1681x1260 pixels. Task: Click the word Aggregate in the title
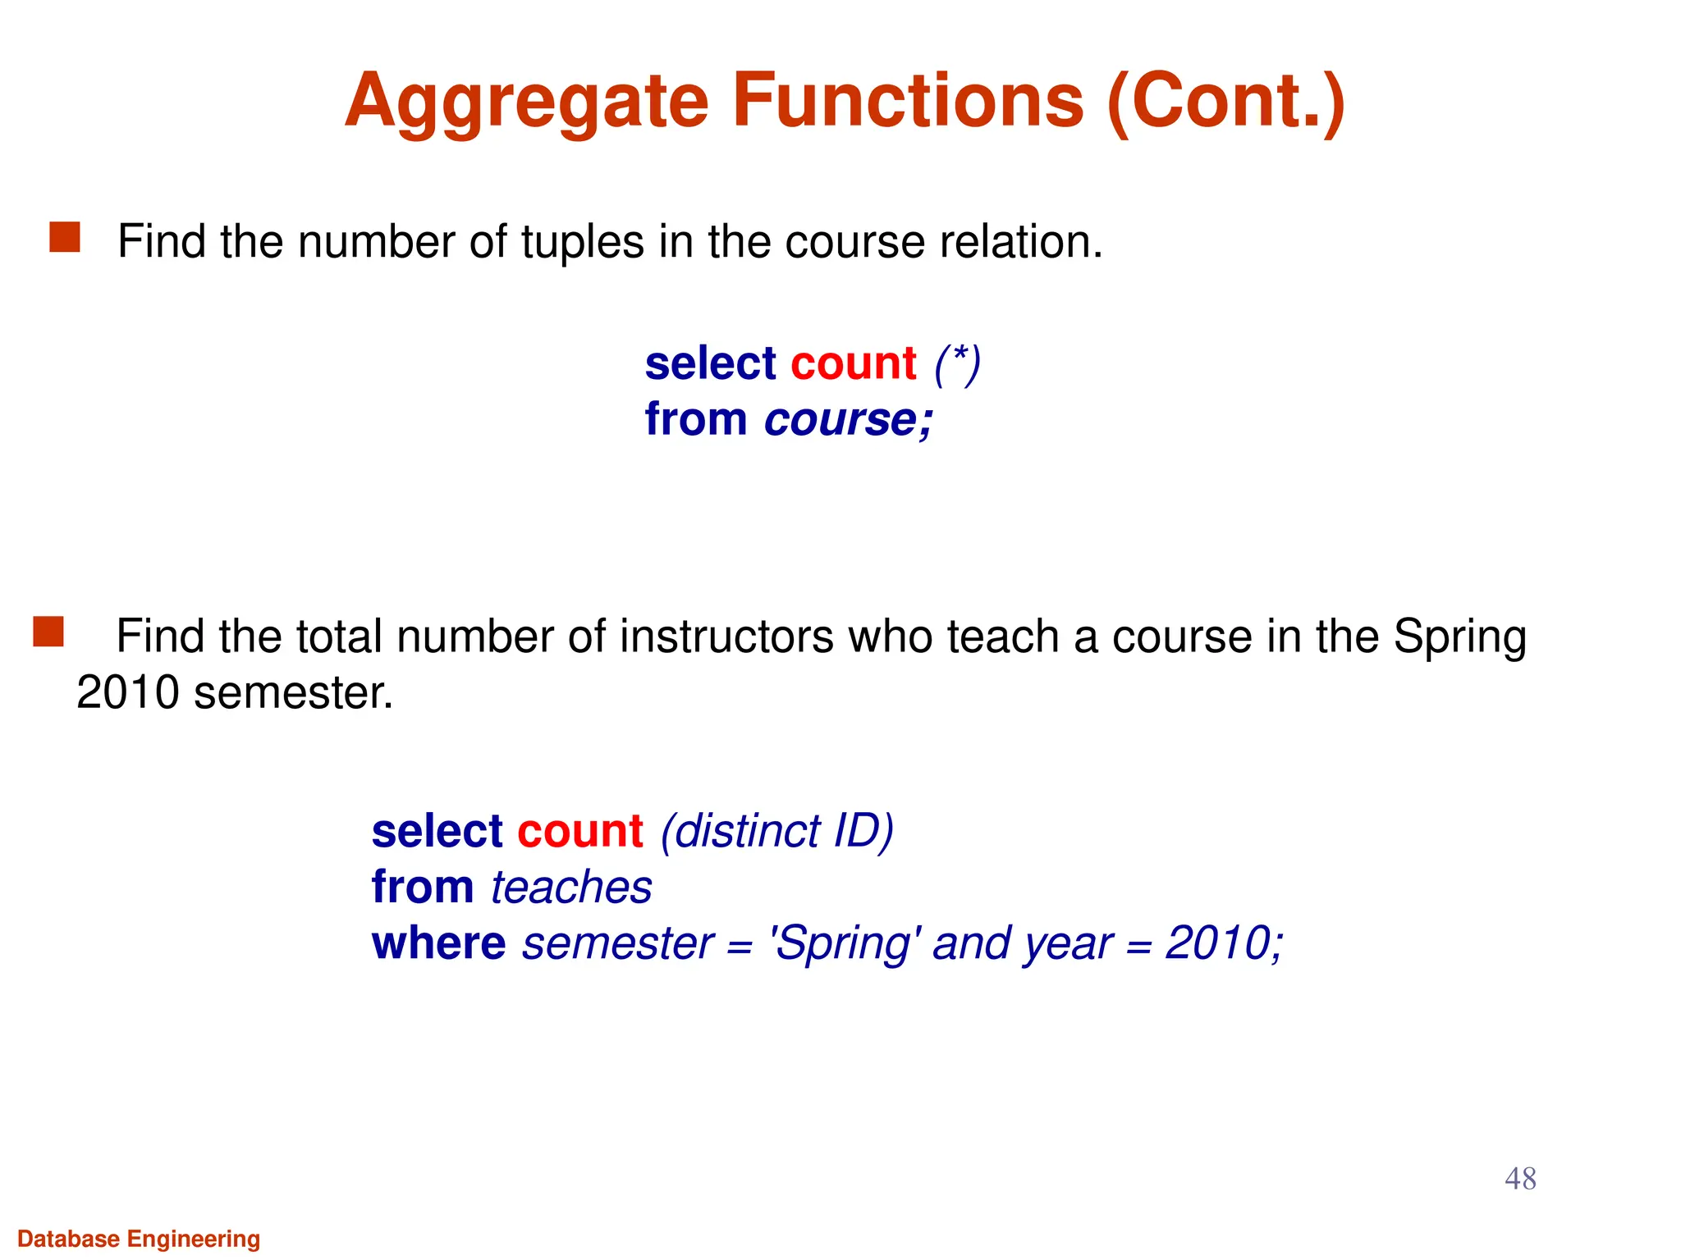point(526,102)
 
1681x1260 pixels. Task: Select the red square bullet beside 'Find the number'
point(65,237)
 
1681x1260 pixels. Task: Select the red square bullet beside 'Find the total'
point(48,632)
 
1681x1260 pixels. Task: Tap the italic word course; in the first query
point(849,420)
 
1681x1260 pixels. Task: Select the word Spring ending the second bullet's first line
point(1459,638)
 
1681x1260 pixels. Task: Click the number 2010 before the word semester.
point(128,692)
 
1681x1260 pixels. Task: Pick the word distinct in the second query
point(742,831)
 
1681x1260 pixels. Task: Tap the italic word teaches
point(571,888)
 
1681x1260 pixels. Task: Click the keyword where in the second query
point(438,943)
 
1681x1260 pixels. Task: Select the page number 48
point(1520,1179)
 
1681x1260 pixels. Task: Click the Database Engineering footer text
point(139,1239)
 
